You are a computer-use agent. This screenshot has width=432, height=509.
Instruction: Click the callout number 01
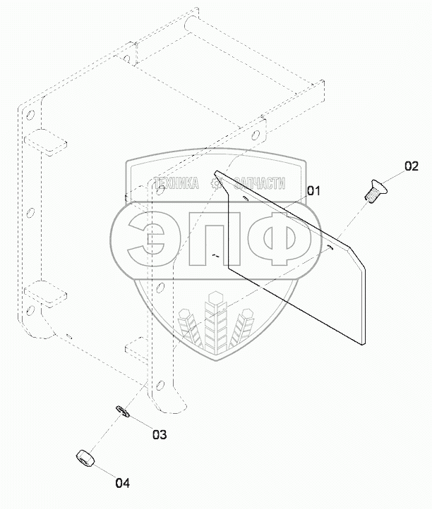(x=313, y=191)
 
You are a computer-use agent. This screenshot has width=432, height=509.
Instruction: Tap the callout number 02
(x=412, y=166)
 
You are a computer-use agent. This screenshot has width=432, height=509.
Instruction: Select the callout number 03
(x=160, y=434)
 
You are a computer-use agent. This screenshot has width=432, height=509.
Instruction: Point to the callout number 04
(x=123, y=483)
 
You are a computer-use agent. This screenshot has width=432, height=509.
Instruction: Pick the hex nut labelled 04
(x=85, y=458)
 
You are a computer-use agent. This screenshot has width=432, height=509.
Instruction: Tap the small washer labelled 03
(x=123, y=411)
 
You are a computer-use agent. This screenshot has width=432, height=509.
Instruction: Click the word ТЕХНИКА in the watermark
(x=176, y=183)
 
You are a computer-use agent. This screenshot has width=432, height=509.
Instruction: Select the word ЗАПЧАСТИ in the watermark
(x=260, y=183)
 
